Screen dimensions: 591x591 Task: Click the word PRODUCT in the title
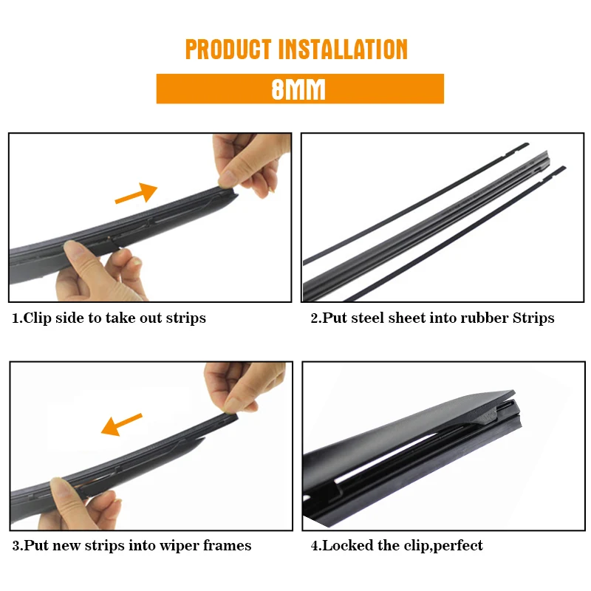pos(228,49)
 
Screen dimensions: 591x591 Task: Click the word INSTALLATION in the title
pos(343,49)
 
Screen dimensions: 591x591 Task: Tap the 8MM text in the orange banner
pos(298,89)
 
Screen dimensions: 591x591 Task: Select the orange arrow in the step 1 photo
pos(136,193)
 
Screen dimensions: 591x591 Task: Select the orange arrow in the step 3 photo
pos(121,424)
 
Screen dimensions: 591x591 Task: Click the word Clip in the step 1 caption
pos(38,318)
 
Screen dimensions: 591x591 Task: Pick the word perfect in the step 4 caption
pos(458,546)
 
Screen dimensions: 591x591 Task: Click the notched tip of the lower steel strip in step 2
pos(554,172)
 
